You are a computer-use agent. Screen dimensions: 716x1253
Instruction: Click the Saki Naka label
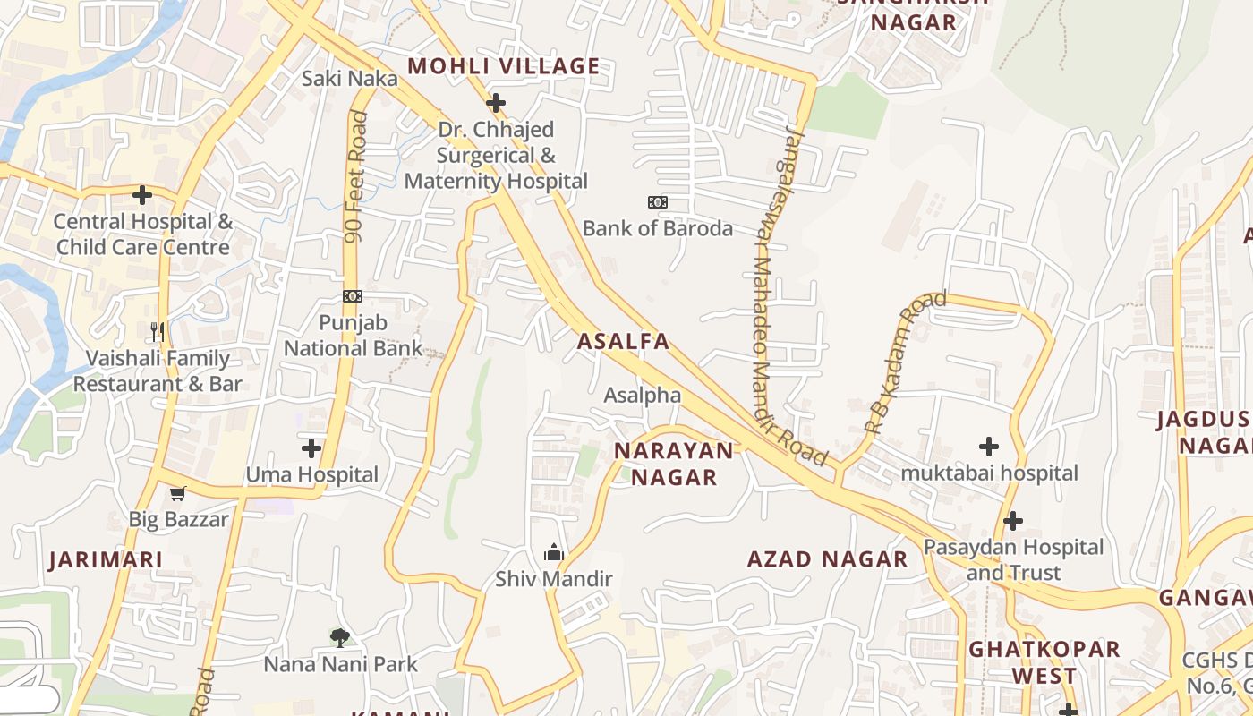coord(349,79)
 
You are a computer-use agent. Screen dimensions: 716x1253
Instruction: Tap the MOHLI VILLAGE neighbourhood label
coord(503,65)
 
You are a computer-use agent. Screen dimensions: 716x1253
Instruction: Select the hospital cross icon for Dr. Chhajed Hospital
coord(496,103)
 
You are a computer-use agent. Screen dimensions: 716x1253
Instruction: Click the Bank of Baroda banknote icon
coord(658,202)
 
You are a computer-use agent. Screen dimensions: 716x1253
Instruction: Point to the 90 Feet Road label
coord(356,176)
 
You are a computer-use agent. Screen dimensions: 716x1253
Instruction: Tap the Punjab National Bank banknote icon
coord(353,296)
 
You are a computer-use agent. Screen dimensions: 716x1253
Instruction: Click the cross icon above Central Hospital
coord(142,195)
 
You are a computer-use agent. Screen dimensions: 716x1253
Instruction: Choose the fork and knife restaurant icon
coord(158,332)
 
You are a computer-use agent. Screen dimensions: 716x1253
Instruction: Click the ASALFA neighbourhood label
coord(623,341)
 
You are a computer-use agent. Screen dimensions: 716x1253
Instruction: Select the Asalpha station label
coord(642,395)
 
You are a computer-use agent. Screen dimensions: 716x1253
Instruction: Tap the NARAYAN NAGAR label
coord(674,464)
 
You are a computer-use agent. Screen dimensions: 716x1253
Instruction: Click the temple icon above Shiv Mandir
coord(554,552)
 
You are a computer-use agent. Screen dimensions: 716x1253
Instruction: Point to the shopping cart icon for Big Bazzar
coord(178,493)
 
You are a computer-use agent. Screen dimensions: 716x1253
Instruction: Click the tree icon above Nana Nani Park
coord(339,638)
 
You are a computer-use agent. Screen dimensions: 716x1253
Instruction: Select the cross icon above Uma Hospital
coord(311,447)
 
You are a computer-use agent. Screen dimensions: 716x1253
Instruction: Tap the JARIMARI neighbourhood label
coord(106,560)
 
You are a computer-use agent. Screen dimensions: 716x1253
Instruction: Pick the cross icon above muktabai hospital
coord(989,446)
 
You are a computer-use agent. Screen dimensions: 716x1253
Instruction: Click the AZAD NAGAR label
coord(827,560)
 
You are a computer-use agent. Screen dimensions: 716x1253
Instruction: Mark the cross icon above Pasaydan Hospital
coord(1013,520)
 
